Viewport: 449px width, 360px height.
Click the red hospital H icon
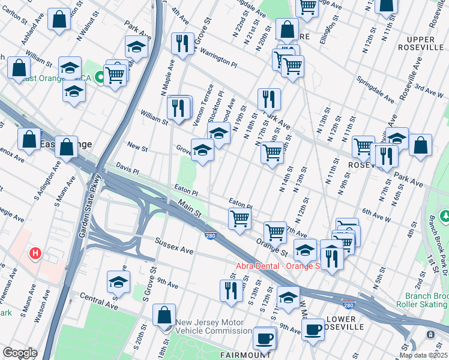(x=35, y=254)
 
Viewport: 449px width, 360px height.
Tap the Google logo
(x=20, y=353)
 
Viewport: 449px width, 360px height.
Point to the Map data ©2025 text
(x=423, y=355)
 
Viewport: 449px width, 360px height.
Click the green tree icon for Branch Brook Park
(x=445, y=215)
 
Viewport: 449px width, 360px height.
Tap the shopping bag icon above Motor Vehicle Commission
(x=164, y=315)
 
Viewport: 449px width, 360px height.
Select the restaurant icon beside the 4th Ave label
(x=181, y=42)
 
